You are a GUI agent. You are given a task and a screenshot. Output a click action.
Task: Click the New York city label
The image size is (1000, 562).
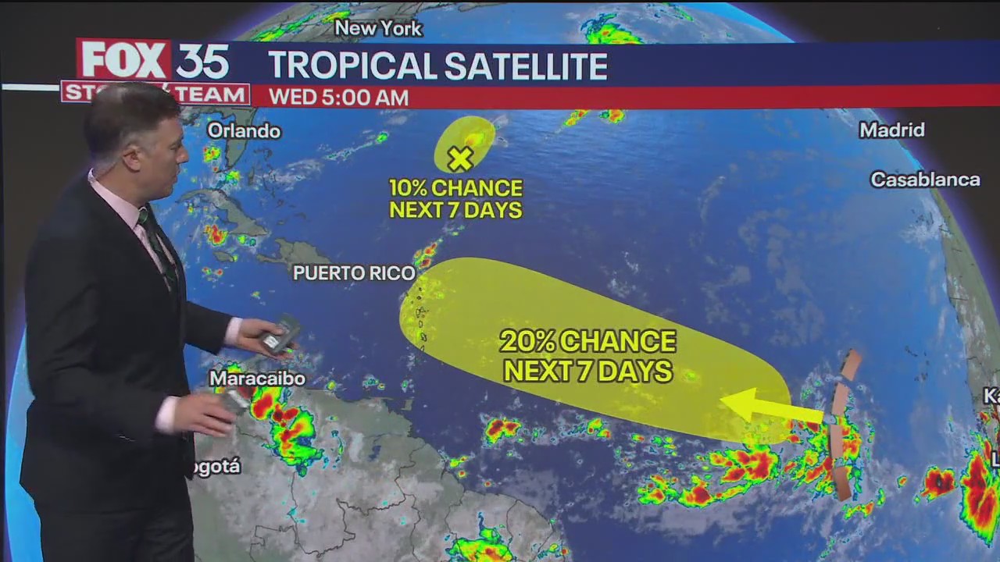pyautogui.click(x=378, y=29)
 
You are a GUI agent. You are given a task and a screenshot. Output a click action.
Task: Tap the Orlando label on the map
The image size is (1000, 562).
pyautogui.click(x=243, y=130)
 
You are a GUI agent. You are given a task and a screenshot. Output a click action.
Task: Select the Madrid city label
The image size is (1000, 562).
pyautogui.click(x=891, y=130)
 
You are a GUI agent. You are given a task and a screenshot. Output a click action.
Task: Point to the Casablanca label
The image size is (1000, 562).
pyautogui.click(x=925, y=180)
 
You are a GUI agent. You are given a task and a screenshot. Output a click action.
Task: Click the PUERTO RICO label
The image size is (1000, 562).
pyautogui.click(x=354, y=273)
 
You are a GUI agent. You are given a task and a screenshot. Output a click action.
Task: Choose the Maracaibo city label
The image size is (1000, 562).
pyautogui.click(x=257, y=379)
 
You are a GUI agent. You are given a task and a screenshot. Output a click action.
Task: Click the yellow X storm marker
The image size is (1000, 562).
pyautogui.click(x=460, y=158)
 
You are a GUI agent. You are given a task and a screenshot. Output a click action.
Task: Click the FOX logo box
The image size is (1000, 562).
pyautogui.click(x=123, y=59)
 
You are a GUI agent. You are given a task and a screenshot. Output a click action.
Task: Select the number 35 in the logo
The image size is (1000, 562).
pyautogui.click(x=202, y=61)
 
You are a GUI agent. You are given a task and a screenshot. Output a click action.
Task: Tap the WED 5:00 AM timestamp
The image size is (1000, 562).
pyautogui.click(x=338, y=98)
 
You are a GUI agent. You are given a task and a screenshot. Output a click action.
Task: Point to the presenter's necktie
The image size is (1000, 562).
pyautogui.click(x=156, y=241)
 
